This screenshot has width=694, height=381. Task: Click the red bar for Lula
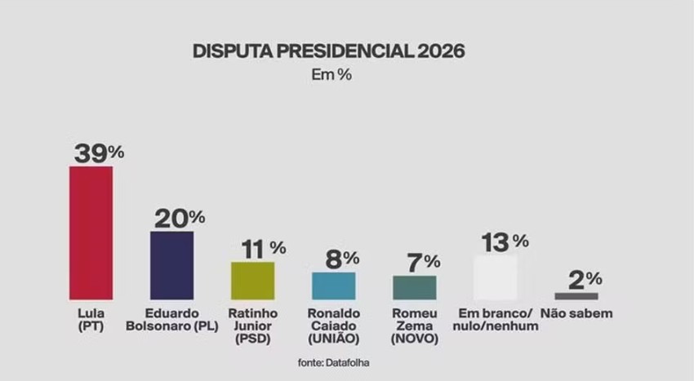[91, 233]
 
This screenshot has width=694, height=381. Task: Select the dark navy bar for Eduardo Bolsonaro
[171, 265]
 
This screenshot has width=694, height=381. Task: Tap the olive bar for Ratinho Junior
[252, 280]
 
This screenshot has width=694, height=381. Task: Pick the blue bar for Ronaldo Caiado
[333, 286]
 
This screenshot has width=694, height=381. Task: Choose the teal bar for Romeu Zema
[414, 287]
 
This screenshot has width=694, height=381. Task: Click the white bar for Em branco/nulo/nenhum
[495, 277]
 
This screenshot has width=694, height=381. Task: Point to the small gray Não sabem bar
[576, 295]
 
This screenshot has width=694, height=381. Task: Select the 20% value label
[180, 218]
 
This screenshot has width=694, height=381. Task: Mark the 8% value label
[341, 259]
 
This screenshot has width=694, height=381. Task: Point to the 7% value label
[422, 262]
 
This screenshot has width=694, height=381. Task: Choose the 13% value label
[505, 241]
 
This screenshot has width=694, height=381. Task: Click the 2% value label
[585, 279]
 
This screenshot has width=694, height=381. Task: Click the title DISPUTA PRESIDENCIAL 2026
[329, 51]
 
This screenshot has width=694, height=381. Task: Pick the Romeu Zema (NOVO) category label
[415, 326]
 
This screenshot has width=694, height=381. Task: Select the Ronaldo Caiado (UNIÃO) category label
[334, 326]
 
